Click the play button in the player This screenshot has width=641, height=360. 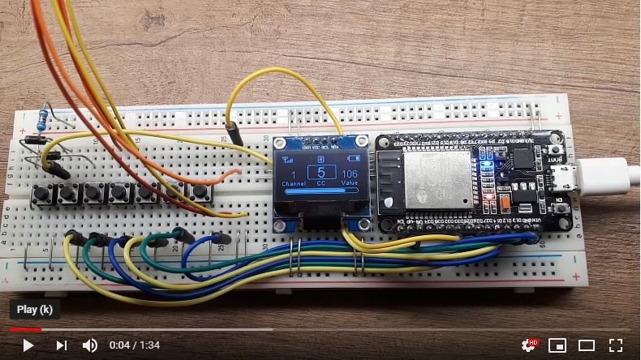coord(28,345)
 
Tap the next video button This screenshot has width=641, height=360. coord(61,345)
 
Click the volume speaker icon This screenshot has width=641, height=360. coord(90,345)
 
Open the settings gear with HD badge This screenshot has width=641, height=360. coord(529,345)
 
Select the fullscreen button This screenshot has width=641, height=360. coord(616,345)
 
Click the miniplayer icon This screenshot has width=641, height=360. coord(557,345)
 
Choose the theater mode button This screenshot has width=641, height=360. coord(587,345)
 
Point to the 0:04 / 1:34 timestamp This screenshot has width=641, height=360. coord(134,345)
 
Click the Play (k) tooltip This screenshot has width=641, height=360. coord(34,309)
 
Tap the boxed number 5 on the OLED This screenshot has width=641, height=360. coord(320,172)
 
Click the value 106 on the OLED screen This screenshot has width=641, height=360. coord(350,174)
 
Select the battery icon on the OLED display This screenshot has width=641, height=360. coord(352,160)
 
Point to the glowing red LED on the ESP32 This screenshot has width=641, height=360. coord(488,197)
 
